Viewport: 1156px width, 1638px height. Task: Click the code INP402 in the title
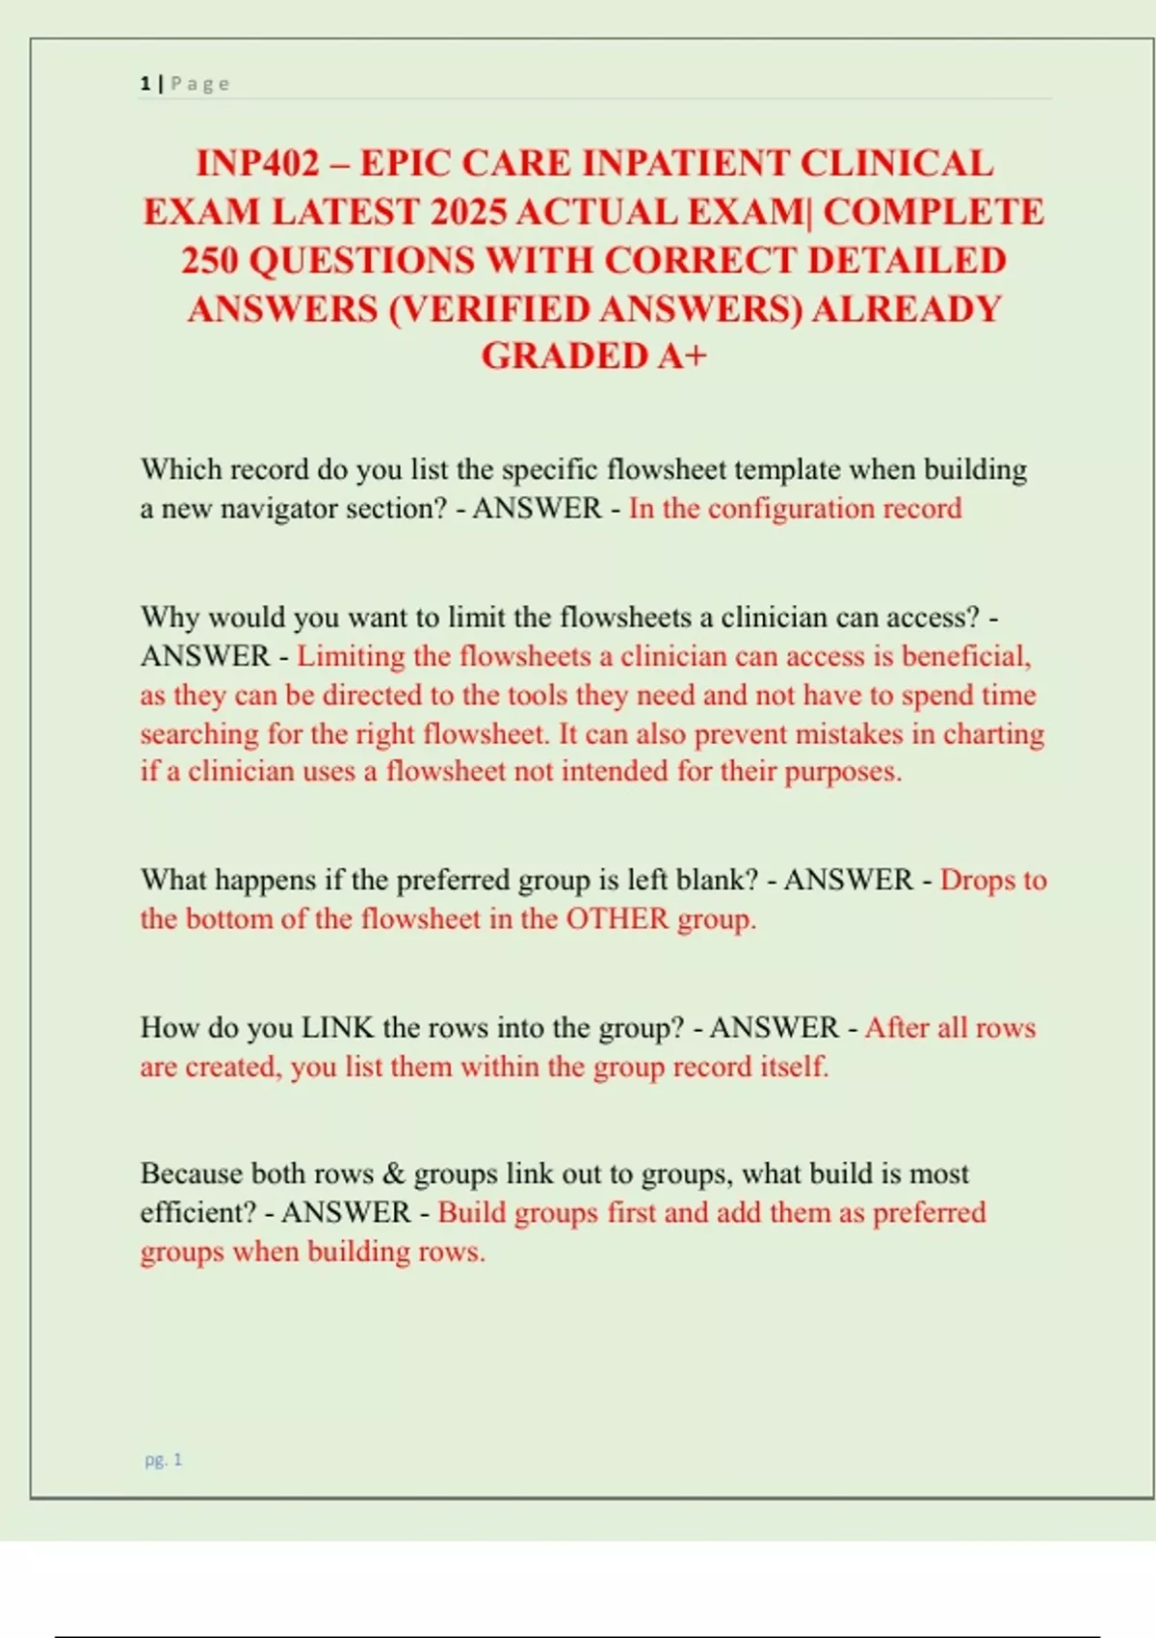pos(257,164)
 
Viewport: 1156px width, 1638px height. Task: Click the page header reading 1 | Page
pos(185,84)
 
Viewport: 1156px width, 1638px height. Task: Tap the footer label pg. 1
pos(163,1460)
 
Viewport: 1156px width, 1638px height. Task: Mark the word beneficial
pos(965,656)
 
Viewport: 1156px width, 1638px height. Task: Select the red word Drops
pos(976,880)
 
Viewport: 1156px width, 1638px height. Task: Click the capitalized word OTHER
pos(617,918)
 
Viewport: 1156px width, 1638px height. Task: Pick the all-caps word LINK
pos(337,1027)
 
